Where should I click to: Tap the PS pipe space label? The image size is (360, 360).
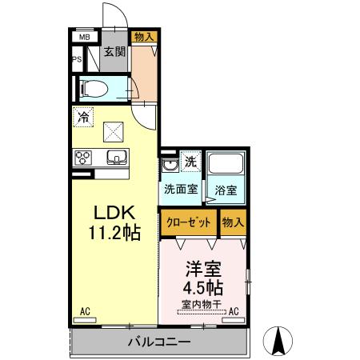point(78,59)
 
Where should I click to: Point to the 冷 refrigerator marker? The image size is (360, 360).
point(82,117)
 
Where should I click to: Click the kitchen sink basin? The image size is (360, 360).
point(112,157)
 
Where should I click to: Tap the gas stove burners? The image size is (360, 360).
point(83,158)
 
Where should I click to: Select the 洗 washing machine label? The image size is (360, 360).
point(190,162)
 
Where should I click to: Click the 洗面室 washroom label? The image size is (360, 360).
point(181,190)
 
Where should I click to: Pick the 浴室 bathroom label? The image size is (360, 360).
point(225,191)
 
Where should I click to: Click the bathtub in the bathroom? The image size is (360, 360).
point(226,166)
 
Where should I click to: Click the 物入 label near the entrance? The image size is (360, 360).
point(144,37)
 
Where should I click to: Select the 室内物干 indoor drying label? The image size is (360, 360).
point(202,303)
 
